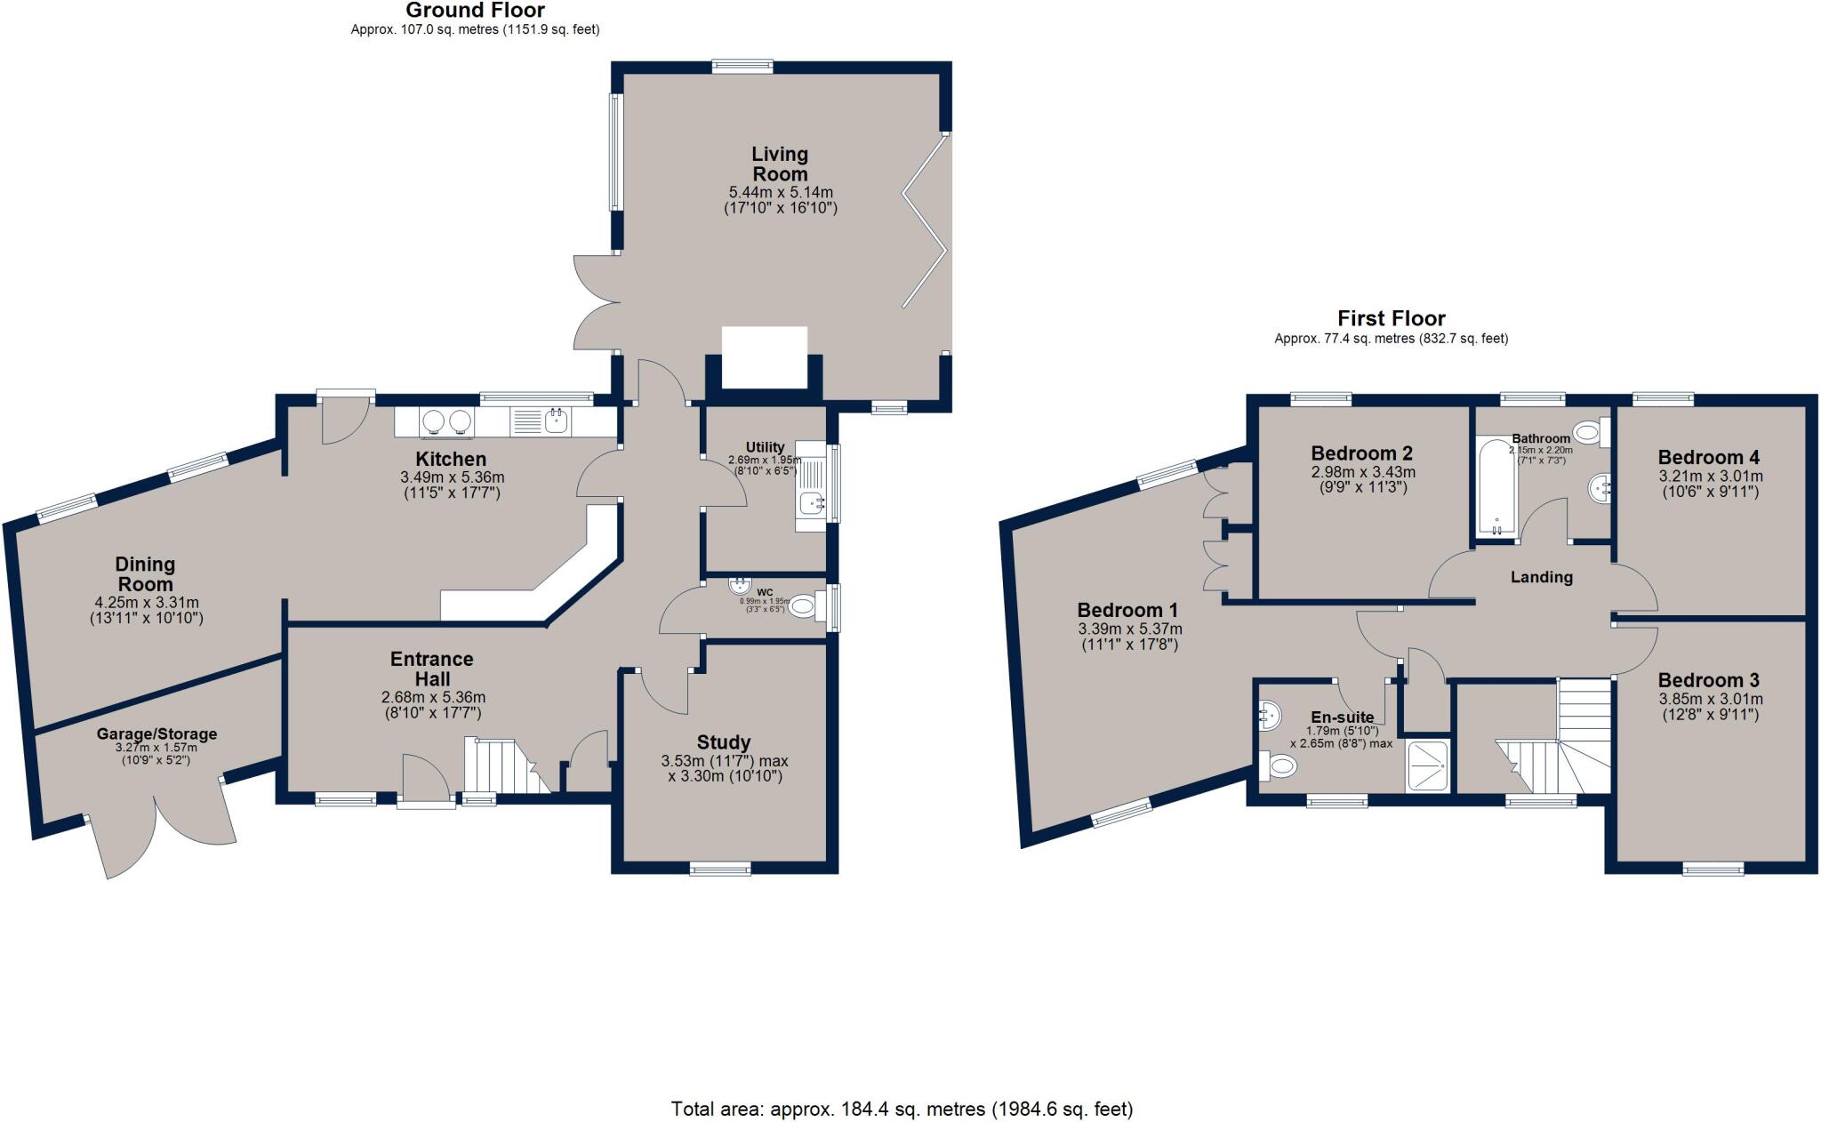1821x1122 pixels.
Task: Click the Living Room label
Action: [780, 164]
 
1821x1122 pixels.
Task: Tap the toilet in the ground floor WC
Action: [802, 607]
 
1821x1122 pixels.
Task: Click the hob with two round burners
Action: [447, 421]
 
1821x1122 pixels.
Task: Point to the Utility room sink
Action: [812, 504]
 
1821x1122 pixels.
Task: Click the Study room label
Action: [724, 742]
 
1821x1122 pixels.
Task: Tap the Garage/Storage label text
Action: [156, 734]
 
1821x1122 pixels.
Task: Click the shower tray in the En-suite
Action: [1429, 765]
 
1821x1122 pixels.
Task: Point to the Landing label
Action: [1541, 577]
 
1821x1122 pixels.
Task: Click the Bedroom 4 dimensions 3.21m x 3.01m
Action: [1708, 476]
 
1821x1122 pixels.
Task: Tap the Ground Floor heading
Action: [475, 11]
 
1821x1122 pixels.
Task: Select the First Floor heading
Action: [1391, 318]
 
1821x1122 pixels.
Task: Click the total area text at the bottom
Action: [902, 1109]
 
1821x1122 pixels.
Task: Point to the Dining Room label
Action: [145, 574]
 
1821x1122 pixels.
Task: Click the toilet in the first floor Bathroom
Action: [1588, 433]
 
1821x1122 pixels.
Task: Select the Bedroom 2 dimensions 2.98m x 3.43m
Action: [1362, 472]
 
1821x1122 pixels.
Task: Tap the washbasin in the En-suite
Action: [1271, 714]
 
